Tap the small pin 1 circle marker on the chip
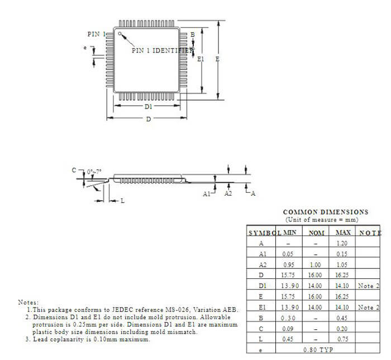119,34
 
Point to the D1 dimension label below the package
148,106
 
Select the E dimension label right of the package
217,59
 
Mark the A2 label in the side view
228,193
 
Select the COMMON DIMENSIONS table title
326,212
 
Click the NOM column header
316,233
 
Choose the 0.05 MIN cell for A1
289,254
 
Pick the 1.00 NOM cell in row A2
316,264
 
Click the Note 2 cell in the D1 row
369,286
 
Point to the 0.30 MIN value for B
289,318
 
